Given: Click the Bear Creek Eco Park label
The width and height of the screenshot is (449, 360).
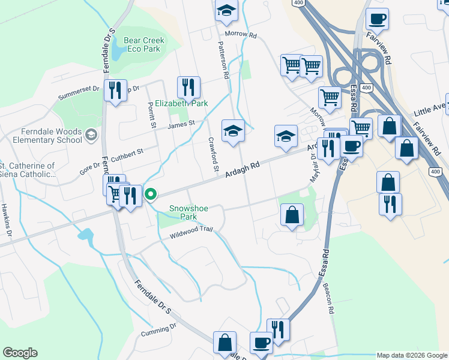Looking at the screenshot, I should pos(143,44).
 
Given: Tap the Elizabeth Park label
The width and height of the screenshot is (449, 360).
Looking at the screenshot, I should pos(181,103).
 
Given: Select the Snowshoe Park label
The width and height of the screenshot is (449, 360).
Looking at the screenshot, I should pos(188,212).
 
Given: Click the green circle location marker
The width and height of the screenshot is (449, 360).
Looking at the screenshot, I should pos(151,194).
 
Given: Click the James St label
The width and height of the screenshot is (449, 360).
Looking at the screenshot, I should pos(182,124).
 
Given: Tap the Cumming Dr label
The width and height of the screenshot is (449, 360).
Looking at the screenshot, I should pos(158,329).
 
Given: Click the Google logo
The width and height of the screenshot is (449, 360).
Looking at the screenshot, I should pos(20,353).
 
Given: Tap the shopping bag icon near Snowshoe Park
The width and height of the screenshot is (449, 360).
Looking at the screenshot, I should pos(292,215).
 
